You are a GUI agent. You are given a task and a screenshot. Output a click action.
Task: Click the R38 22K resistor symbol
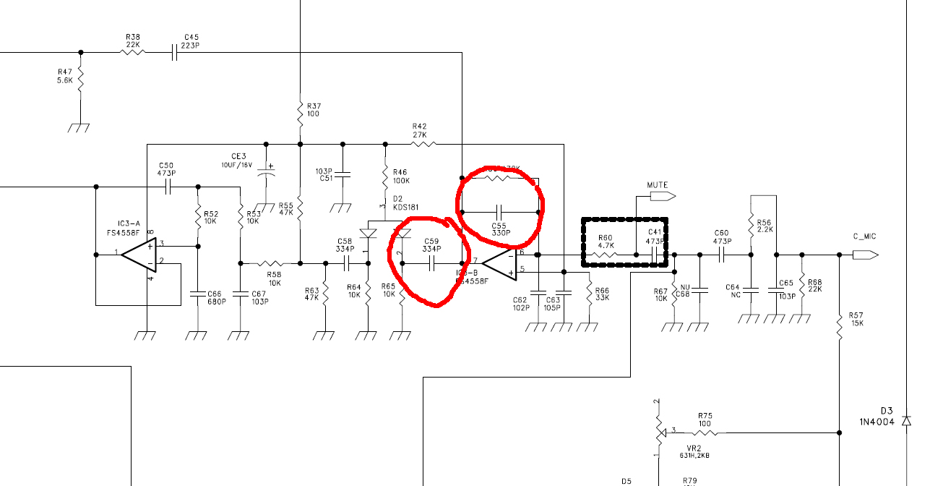[133, 52]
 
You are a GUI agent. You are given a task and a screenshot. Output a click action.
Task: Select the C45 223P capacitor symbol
[174, 52]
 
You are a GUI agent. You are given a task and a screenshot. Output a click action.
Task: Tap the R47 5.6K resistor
[80, 80]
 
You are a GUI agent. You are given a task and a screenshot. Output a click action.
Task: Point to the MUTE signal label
[657, 185]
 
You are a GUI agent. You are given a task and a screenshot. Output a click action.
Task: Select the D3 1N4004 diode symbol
[907, 420]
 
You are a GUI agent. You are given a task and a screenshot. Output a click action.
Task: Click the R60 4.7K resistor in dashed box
[605, 255]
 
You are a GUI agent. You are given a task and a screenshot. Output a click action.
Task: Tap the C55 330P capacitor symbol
[499, 212]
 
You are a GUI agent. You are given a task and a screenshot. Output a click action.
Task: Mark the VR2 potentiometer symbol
[658, 432]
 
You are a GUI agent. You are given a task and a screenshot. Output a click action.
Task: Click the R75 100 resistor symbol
[705, 432]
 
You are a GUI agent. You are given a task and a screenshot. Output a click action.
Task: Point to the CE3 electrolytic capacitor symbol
[267, 174]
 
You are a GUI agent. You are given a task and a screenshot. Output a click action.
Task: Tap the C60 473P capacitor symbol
[721, 255]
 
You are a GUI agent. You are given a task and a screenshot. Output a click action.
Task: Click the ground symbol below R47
[79, 127]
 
